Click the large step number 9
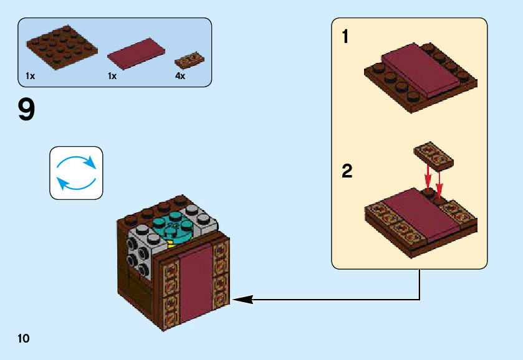(27, 110)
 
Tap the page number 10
(24, 338)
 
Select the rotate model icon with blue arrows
(76, 173)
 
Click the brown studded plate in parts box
(61, 47)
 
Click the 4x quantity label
(180, 76)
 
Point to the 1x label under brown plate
(31, 76)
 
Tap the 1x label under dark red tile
(112, 76)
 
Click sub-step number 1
(345, 37)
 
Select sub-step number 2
(347, 171)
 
